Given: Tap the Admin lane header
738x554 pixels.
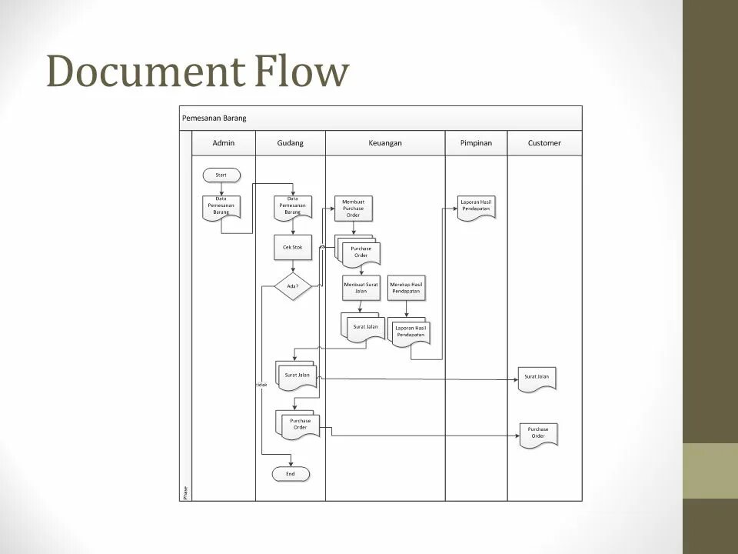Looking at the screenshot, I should coord(224,143).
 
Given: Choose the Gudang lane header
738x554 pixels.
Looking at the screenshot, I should coord(291,143).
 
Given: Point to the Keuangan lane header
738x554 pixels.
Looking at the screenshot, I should coord(385,143).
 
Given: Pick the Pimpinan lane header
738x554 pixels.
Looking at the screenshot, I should coord(476,143).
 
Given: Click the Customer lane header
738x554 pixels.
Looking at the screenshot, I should coord(544,143).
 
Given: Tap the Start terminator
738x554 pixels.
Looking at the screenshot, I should coord(221,175).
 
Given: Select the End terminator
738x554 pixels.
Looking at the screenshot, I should coord(291,474).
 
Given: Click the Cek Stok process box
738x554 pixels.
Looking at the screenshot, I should coord(292,248).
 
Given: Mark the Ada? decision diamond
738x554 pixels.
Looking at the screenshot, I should coord(292,286).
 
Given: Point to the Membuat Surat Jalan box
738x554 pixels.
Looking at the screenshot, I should coord(361,288).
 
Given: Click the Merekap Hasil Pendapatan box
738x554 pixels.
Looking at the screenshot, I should coord(407,288).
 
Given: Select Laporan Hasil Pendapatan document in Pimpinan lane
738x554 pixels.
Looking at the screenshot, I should coord(477,208).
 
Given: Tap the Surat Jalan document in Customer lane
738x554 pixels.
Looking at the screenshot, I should coord(537,379).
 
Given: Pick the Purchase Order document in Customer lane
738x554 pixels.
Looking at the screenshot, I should coord(538,435).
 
